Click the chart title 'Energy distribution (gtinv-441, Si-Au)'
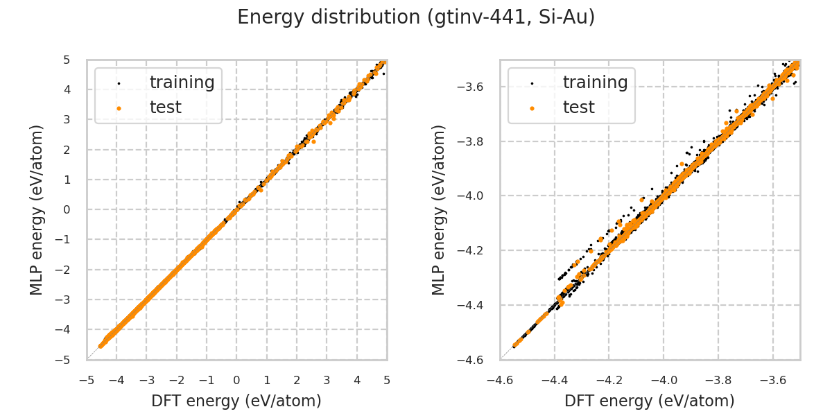[416, 17]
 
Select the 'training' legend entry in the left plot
[182, 83]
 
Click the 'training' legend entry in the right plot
[595, 83]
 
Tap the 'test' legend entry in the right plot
[578, 107]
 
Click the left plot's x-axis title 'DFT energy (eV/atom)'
[236, 401]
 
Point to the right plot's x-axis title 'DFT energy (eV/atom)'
[650, 401]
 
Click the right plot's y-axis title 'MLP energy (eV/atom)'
[439, 209]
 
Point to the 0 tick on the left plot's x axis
[236, 380]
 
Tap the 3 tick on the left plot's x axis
[327, 380]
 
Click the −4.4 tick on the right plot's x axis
[555, 380]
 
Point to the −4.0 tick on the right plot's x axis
[664, 380]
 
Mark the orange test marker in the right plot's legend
[532, 108]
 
